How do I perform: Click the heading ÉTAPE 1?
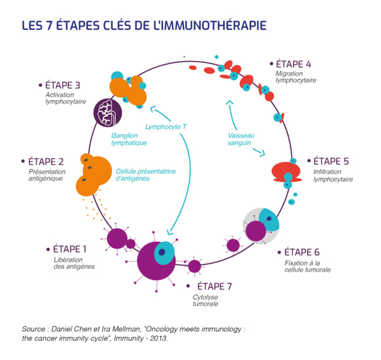[69, 248]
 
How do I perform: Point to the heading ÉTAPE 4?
[294, 64]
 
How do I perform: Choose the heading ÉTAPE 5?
[331, 161]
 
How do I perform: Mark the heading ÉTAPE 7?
[214, 286]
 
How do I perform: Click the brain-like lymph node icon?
[108, 111]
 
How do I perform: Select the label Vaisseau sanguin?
[239, 139]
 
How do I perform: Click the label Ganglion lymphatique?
[128, 139]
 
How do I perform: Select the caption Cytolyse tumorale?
[206, 300]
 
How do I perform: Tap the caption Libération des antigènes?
[73, 262]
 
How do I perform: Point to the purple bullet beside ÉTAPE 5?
[308, 161]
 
